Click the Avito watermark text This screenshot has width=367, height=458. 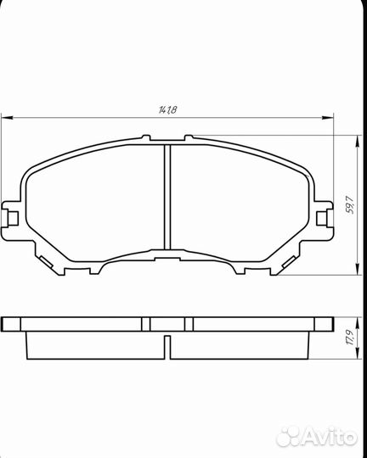(330, 437)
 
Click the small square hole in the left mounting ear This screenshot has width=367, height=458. (12, 218)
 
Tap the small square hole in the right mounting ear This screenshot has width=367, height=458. (323, 218)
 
